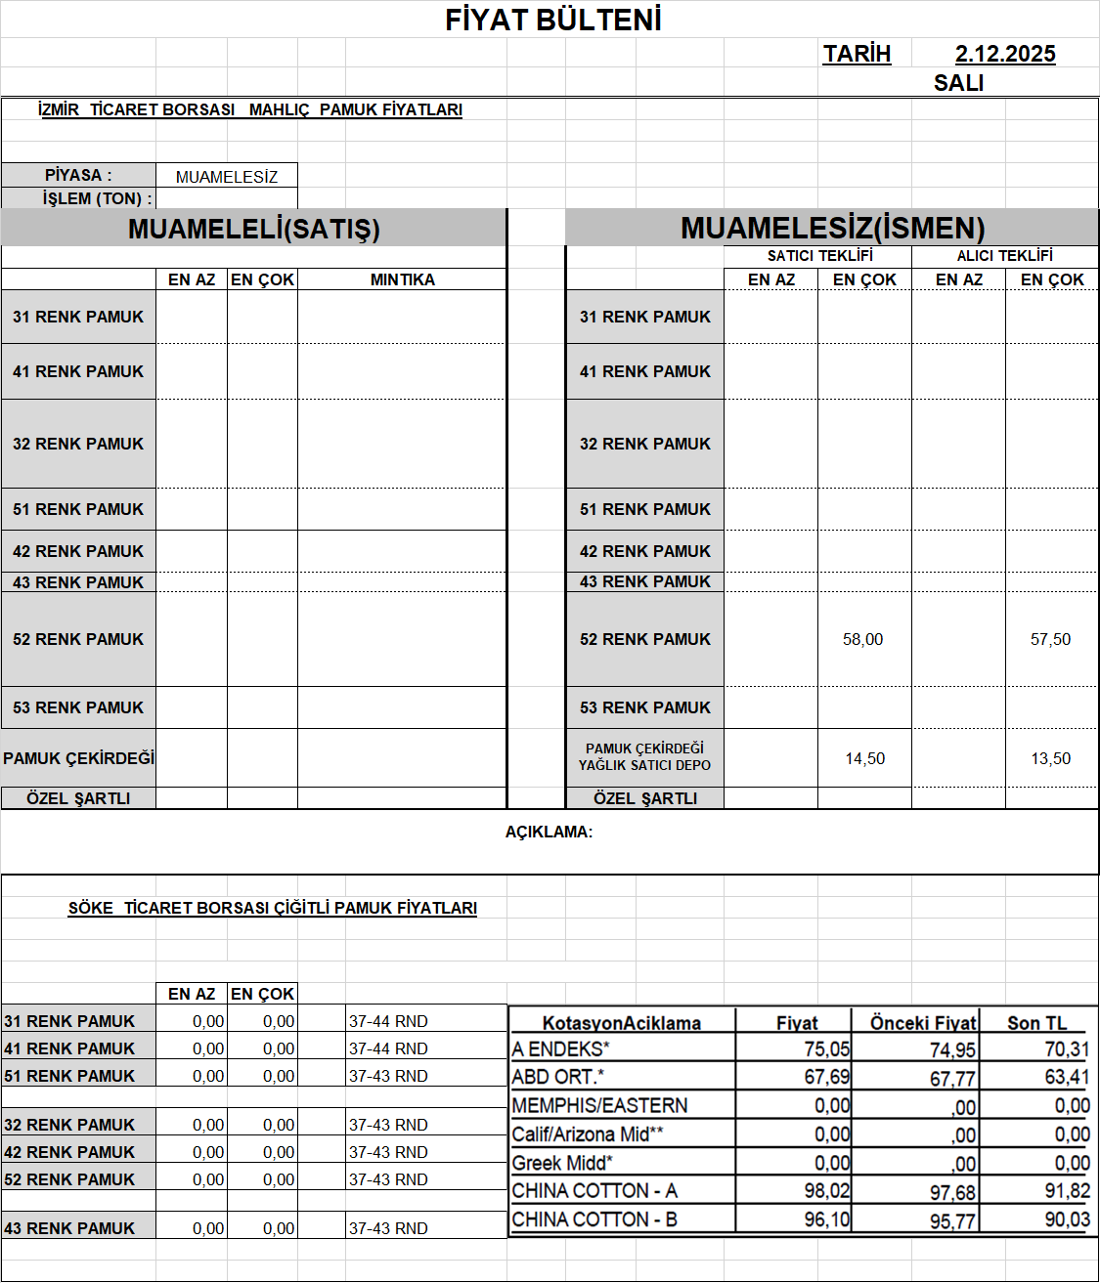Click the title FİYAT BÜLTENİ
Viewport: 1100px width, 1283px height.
[x=553, y=20]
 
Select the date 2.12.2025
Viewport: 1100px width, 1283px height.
[x=1005, y=54]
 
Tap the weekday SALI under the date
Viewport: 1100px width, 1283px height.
[x=958, y=83]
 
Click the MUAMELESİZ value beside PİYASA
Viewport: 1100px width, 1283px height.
[x=227, y=177]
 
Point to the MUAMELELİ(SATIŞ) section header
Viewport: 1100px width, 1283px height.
[x=253, y=229]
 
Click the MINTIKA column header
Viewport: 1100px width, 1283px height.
[x=402, y=279]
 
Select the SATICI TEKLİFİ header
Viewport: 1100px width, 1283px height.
[x=819, y=256]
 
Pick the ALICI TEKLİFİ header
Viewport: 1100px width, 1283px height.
[x=1004, y=256]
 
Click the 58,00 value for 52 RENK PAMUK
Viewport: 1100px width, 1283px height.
[x=862, y=639]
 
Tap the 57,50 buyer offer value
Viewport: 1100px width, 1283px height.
[x=1050, y=639]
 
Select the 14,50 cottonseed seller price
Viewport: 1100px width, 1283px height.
[x=864, y=758]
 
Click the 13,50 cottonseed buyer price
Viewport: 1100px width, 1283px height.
[x=1050, y=758]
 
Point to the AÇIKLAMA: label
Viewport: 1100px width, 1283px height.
[x=549, y=833]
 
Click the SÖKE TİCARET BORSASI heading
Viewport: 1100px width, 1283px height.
[x=272, y=908]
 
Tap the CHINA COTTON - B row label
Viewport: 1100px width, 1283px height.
[x=594, y=1219]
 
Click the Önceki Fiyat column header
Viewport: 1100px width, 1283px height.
[x=922, y=1023]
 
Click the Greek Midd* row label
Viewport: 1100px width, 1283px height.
[x=562, y=1163]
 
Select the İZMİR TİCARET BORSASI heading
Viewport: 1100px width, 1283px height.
[x=249, y=109]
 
